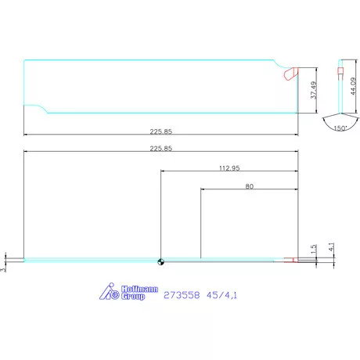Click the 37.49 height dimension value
314,90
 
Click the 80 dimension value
249,187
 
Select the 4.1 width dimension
331,247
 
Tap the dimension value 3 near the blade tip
4,268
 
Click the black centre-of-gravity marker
160,261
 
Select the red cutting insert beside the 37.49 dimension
290,74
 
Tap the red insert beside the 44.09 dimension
340,73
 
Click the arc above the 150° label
340,120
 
